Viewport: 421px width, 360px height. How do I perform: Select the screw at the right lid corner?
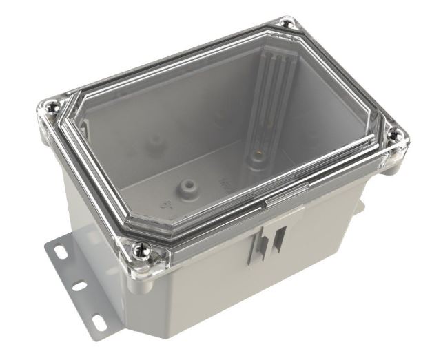pyautogui.click(x=395, y=137)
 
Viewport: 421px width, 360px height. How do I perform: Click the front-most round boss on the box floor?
pyautogui.click(x=184, y=186)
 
